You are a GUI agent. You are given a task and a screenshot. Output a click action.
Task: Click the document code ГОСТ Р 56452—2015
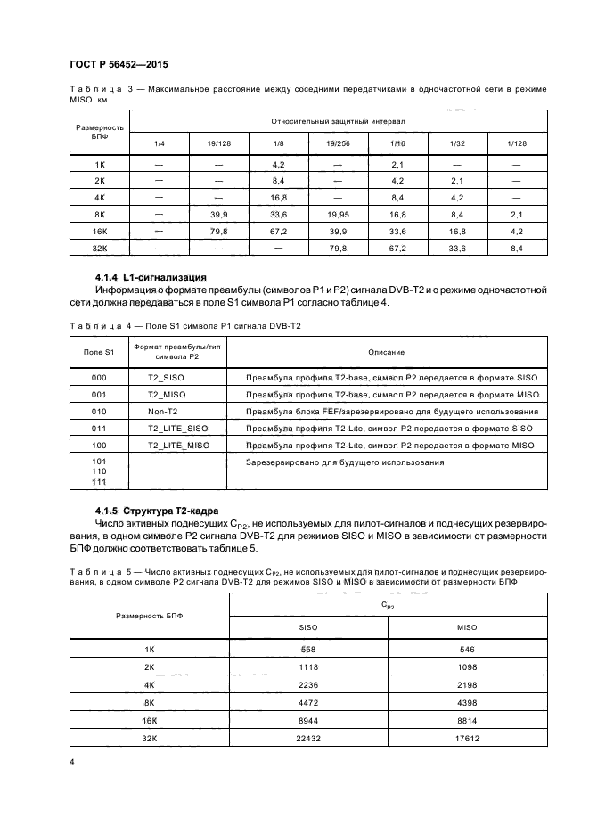coord(119,65)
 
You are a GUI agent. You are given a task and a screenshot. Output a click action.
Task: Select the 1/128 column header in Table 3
coord(516,143)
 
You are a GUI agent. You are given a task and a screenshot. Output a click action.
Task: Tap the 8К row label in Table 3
coord(100,214)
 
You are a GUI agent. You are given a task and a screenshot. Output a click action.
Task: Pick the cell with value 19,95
coord(338,214)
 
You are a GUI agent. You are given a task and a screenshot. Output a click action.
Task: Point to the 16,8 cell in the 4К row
coord(278,197)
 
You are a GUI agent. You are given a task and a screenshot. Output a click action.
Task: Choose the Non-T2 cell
coord(162,411)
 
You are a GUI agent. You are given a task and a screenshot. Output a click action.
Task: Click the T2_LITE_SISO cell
coord(177,428)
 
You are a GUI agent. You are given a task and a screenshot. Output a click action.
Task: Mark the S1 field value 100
coord(99,445)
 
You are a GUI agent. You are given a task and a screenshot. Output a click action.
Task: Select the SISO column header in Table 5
coord(308,627)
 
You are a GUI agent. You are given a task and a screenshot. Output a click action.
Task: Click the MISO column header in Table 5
coord(467,627)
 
